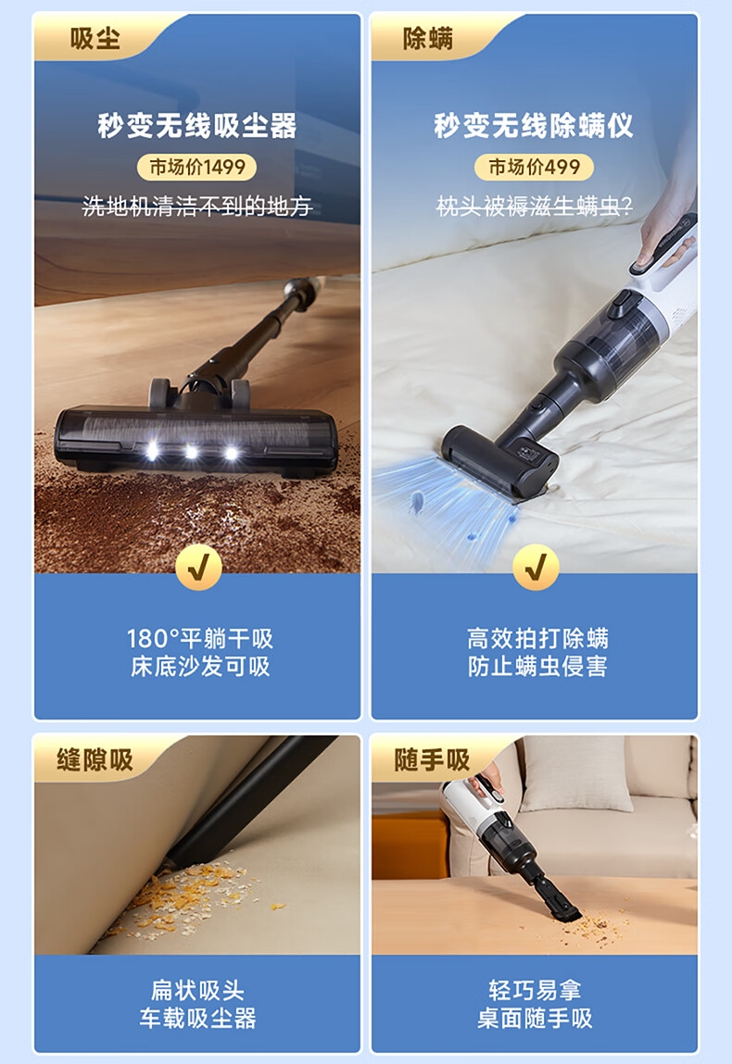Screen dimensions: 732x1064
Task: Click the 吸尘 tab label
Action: [95, 38]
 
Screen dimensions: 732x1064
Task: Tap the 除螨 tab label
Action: [428, 38]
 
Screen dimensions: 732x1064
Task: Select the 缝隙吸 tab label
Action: [95, 759]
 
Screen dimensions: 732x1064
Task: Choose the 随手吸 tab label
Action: [432, 759]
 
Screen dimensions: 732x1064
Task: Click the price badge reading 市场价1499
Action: [197, 167]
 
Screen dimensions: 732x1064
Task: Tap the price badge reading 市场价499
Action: [535, 167]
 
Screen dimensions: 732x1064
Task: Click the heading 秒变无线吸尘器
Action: [197, 126]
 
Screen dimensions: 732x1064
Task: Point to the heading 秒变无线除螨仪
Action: [534, 126]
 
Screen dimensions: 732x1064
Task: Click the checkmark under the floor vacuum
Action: [198, 568]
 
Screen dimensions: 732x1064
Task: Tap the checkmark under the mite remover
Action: [536, 568]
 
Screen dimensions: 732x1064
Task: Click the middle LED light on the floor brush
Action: [192, 451]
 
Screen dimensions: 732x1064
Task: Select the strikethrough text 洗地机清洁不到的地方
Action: [197, 206]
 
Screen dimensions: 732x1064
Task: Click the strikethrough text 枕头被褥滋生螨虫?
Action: [534, 206]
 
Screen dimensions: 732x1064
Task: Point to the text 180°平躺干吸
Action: [199, 639]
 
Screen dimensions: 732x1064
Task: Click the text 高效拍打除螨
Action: [537, 639]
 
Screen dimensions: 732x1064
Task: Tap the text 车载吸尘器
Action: [197, 1018]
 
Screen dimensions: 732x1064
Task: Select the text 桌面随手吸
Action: [535, 1018]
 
